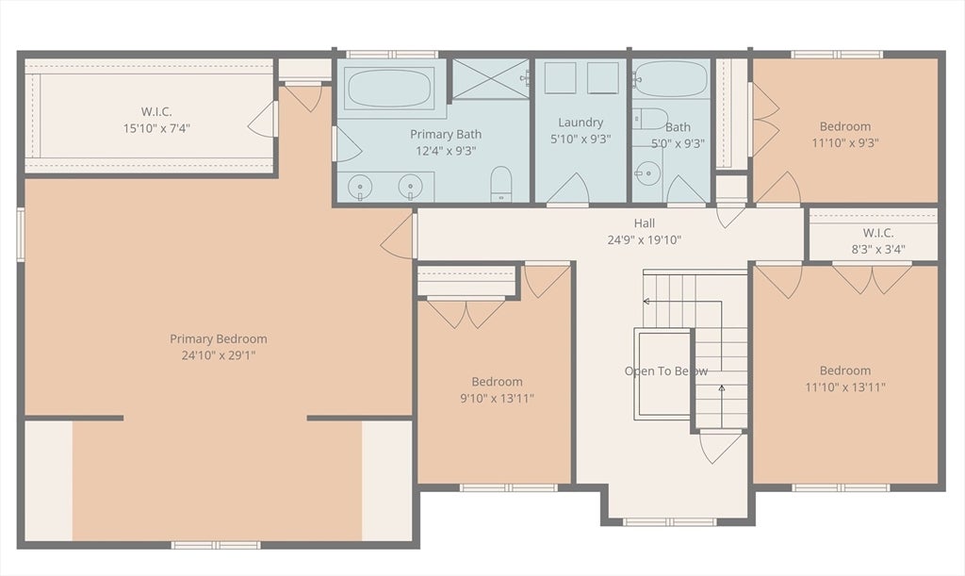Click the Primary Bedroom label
(x=218, y=339)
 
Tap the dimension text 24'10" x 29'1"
(x=218, y=355)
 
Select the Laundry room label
(x=581, y=123)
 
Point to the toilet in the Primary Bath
(x=501, y=184)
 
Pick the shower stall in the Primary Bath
(x=490, y=79)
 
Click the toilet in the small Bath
(x=650, y=118)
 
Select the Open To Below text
(x=665, y=371)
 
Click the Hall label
(x=645, y=223)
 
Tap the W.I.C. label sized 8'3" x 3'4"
(x=877, y=233)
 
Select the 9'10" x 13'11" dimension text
(x=497, y=398)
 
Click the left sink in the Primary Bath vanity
(x=361, y=187)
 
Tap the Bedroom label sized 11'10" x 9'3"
(x=844, y=126)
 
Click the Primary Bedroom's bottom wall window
(x=216, y=545)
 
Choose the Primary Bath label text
(x=445, y=134)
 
